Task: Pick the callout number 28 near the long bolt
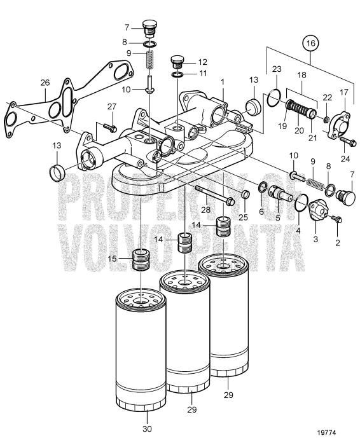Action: (206, 210)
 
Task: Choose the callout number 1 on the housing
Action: (223, 82)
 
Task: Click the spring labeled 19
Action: (294, 107)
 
